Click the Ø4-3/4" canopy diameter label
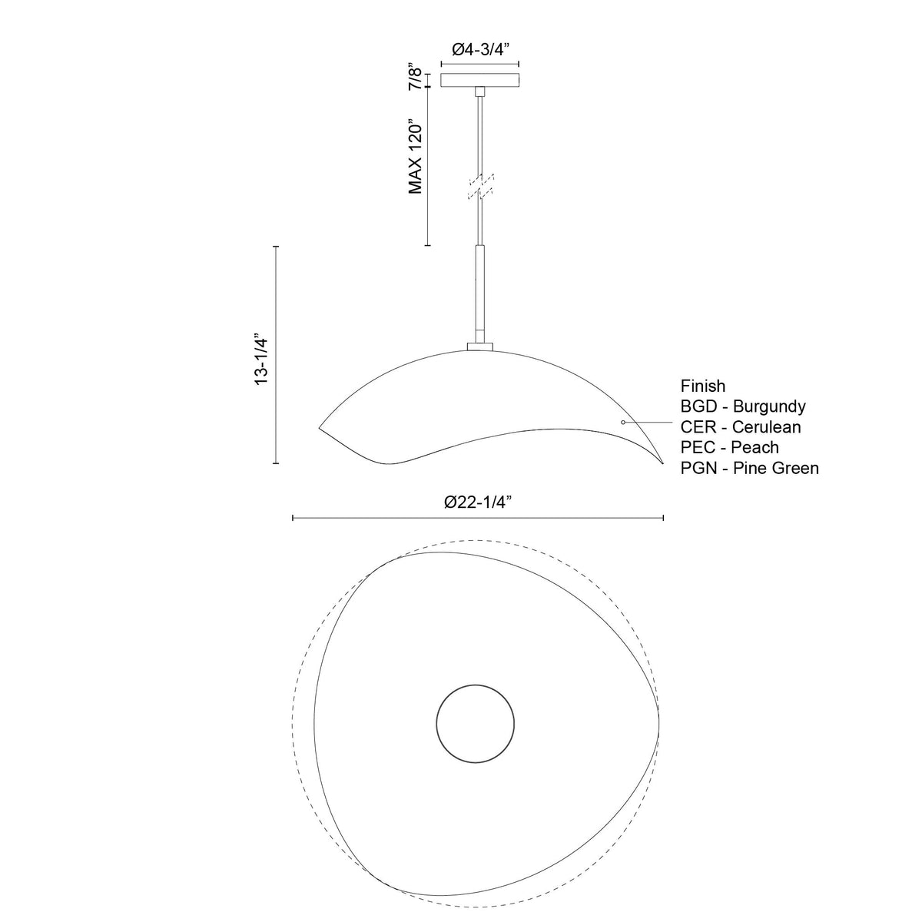tap(479, 49)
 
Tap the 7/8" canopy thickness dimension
tap(415, 78)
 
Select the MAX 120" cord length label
tap(416, 156)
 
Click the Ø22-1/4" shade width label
tap(478, 502)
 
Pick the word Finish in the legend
tap(703, 386)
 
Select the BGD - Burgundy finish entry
tap(743, 406)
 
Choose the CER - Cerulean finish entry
tap(741, 426)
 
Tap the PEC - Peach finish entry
tap(730, 447)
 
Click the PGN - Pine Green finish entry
tap(750, 468)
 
